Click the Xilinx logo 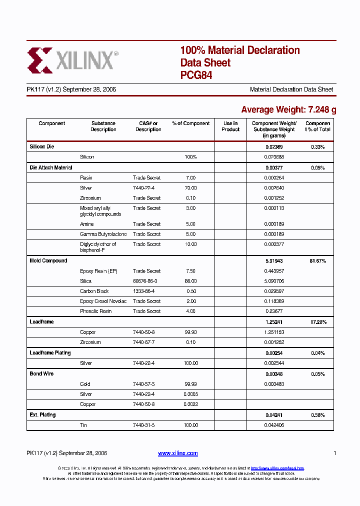(x=72, y=60)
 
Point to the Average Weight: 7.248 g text (x=288, y=109)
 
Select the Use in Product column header (x=230, y=126)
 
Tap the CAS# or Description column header (x=148, y=126)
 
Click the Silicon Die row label (x=41, y=147)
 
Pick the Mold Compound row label (x=48, y=261)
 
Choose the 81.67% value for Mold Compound (x=317, y=261)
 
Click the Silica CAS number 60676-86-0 (x=145, y=281)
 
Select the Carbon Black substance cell (x=94, y=291)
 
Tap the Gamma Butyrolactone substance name (x=103, y=234)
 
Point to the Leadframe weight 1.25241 (x=274, y=322)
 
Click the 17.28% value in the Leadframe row (x=317, y=322)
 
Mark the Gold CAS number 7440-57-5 (x=144, y=384)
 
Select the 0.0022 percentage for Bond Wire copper (x=190, y=404)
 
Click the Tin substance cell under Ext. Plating (x=83, y=425)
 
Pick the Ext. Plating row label (x=42, y=415)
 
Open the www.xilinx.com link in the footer (x=177, y=453)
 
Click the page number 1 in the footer (x=334, y=453)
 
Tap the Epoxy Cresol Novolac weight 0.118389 (x=274, y=301)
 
